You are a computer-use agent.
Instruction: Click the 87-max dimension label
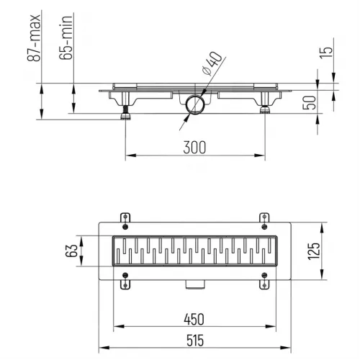(x=34, y=38)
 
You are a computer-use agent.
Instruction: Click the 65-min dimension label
(x=66, y=37)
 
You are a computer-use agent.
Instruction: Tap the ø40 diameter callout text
(x=212, y=63)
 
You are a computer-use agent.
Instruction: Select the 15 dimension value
(x=326, y=52)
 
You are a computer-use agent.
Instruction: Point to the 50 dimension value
(x=309, y=103)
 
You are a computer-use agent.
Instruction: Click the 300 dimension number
(x=194, y=148)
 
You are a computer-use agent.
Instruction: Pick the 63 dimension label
(x=71, y=251)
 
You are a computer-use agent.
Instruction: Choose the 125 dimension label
(x=314, y=251)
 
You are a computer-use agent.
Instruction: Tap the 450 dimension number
(x=194, y=320)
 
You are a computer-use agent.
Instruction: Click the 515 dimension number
(x=195, y=341)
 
